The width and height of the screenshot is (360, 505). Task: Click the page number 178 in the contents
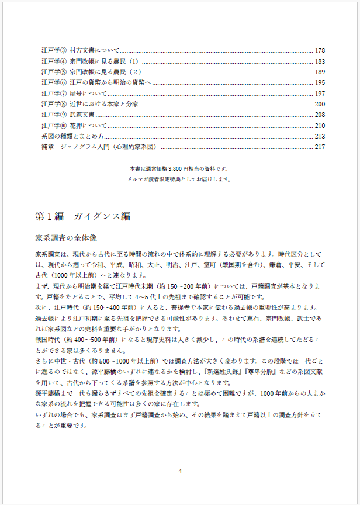pos(319,51)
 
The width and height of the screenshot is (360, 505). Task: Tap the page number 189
pos(319,72)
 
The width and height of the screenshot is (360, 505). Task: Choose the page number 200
pos(319,104)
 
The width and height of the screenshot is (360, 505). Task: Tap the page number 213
pos(319,136)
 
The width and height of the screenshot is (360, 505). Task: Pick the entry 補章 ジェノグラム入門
pos(96,147)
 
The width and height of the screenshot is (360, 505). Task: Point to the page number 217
pos(319,147)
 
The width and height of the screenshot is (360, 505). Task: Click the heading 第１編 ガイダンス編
pos(82,216)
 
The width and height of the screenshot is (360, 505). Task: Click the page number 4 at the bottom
pos(180,471)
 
